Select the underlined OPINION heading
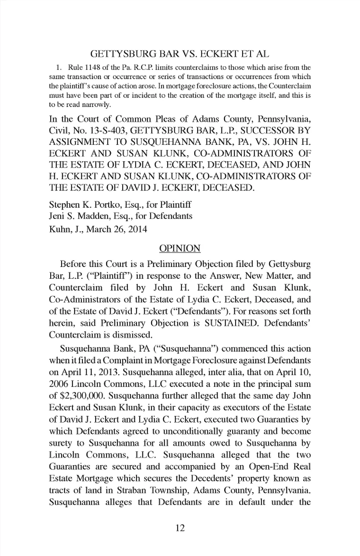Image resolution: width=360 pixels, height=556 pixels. tap(180, 249)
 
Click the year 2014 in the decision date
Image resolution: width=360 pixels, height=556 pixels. tap(138, 229)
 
